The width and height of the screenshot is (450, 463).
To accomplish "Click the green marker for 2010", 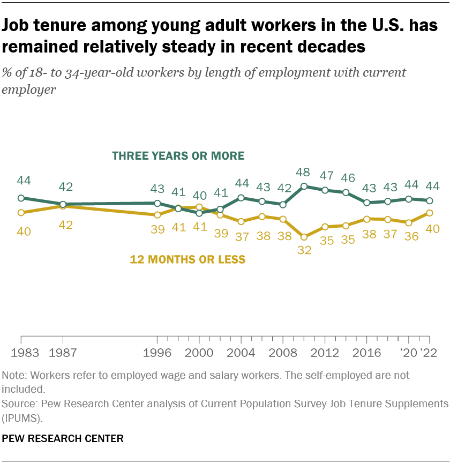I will (304, 186).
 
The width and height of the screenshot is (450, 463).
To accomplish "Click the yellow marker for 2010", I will (304, 236).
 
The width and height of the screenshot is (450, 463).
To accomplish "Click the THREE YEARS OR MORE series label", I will (178, 156).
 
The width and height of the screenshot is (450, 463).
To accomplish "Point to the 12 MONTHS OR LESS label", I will (187, 260).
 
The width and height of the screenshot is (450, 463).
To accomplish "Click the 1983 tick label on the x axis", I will (21, 354).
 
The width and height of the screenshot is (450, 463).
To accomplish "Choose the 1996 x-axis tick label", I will (157, 354).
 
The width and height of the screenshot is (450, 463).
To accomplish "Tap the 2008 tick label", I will (283, 354).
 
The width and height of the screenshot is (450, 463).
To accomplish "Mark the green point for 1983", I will (21, 198).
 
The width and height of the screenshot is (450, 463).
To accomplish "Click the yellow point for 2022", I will (430, 213).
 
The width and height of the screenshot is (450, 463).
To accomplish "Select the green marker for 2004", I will (241, 198).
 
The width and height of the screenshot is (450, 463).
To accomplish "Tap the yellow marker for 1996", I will (157, 215).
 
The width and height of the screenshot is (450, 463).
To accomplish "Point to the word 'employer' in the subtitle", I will (29, 89).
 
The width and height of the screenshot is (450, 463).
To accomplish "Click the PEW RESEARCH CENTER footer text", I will (63, 438).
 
